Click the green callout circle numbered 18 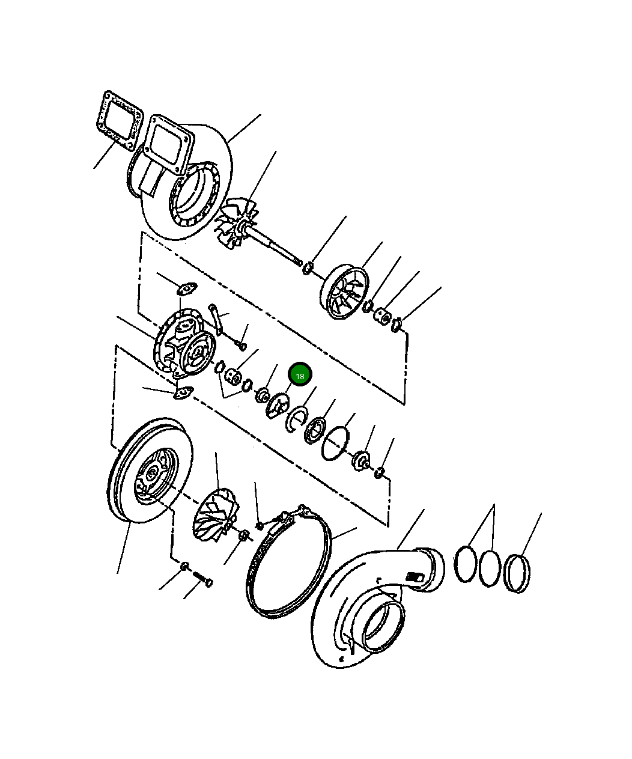pyautogui.click(x=300, y=375)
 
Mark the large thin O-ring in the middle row pyautogui.click(x=335, y=443)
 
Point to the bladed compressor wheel pyautogui.click(x=216, y=515)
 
